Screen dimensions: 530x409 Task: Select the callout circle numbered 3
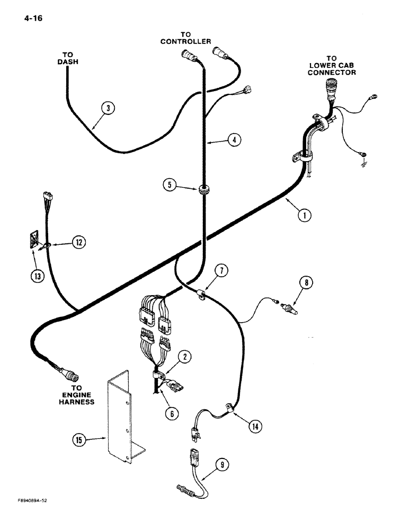pos(108,109)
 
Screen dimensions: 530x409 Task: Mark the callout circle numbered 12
pos(78,242)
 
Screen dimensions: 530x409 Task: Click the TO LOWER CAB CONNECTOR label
pos(332,65)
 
